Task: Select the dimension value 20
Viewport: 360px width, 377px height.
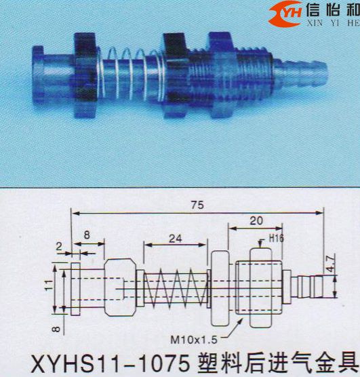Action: [x=256, y=220]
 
